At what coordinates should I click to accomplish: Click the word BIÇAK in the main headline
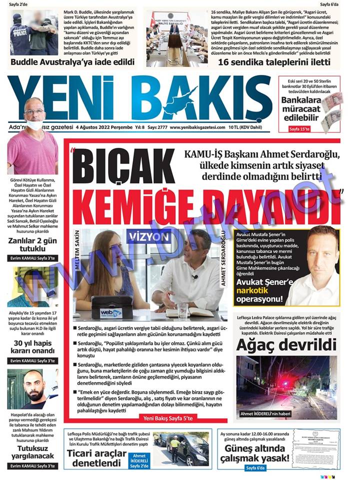[x=125, y=167]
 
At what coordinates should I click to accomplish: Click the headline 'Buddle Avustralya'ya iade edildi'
[x=72, y=62]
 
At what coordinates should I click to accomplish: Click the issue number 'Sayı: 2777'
[x=156, y=127]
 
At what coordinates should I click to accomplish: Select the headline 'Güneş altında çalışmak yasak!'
[x=255, y=452]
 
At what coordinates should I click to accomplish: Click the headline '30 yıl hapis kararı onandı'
[x=32, y=348]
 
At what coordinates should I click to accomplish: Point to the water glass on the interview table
[x=183, y=310]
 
